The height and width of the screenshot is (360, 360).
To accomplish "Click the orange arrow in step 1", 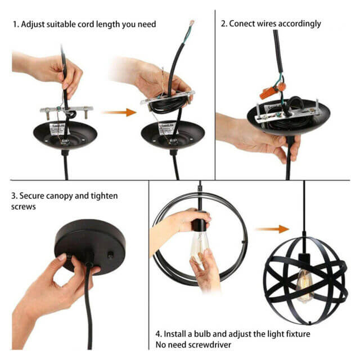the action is pyautogui.click(x=119, y=112).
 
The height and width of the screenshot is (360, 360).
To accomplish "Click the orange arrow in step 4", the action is pyautogui.click(x=272, y=229).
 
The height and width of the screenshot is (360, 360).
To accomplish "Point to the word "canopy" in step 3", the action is pyautogui.click(x=60, y=196).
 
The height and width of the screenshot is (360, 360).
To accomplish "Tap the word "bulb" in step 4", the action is pyautogui.click(x=202, y=334).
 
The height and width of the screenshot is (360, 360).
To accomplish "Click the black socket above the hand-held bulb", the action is pyautogui.click(x=199, y=223).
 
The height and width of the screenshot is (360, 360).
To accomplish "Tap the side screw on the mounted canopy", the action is pyautogui.click(x=110, y=255).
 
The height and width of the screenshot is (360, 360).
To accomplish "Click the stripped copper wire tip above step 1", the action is pyautogui.click(x=191, y=23).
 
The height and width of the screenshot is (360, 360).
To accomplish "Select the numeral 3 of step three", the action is pyautogui.click(x=13, y=196).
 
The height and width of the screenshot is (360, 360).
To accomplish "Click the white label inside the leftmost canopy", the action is pyautogui.click(x=57, y=129).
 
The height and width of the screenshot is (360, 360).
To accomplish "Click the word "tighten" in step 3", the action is pyautogui.click(x=104, y=196).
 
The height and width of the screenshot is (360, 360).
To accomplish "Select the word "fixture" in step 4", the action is pyautogui.click(x=298, y=334).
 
